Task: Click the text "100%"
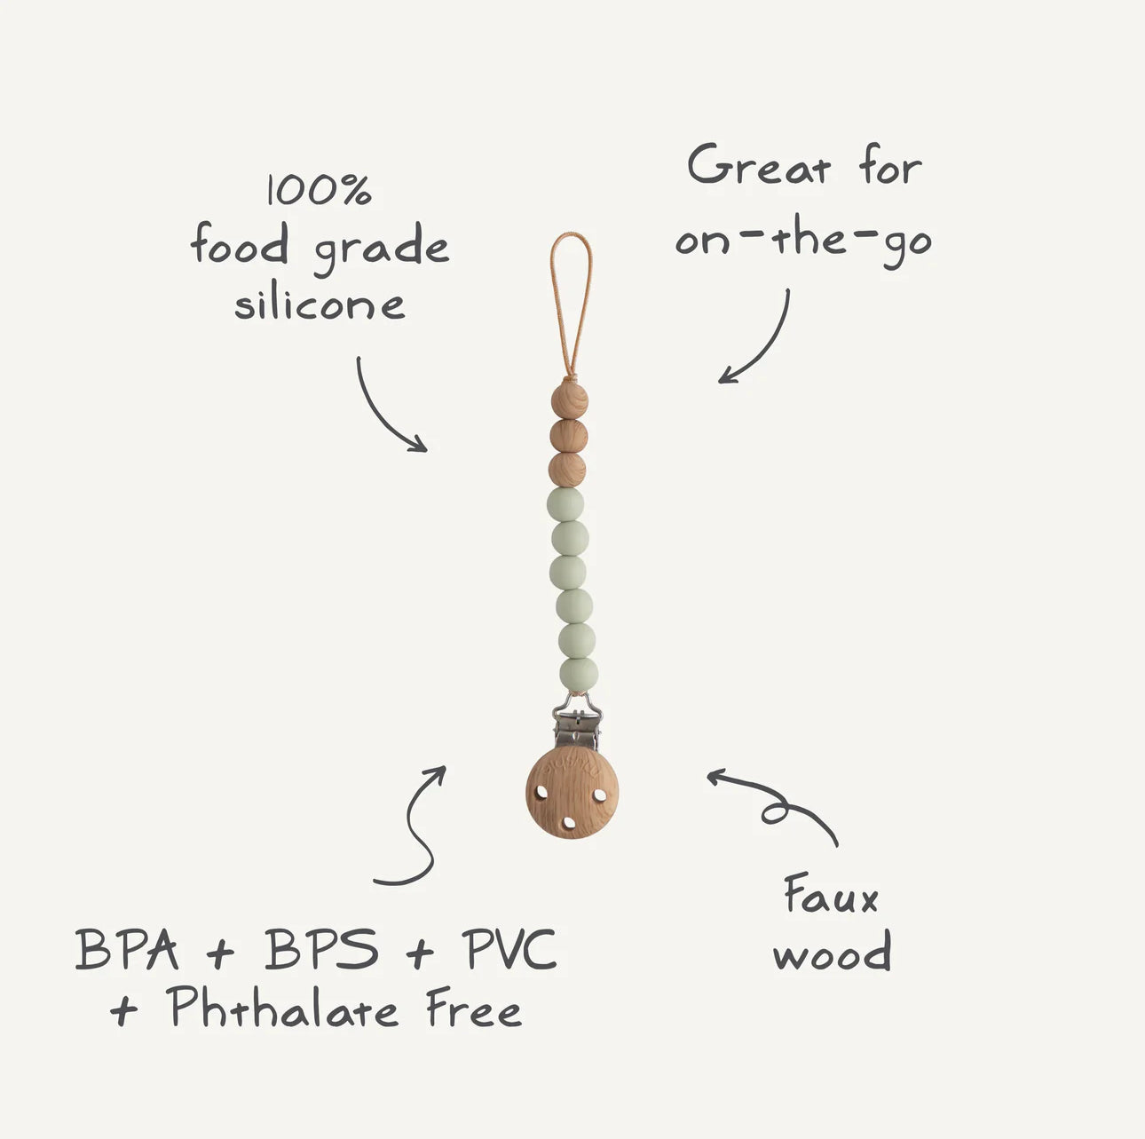[320, 190]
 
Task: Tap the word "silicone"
[320, 305]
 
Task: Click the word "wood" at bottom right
[832, 951]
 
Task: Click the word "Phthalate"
[281, 1007]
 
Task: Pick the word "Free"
[474, 1008]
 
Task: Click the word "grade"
[381, 249]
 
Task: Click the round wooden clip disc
[572, 793]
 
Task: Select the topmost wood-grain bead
[569, 400]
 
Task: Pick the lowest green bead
[579, 675]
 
